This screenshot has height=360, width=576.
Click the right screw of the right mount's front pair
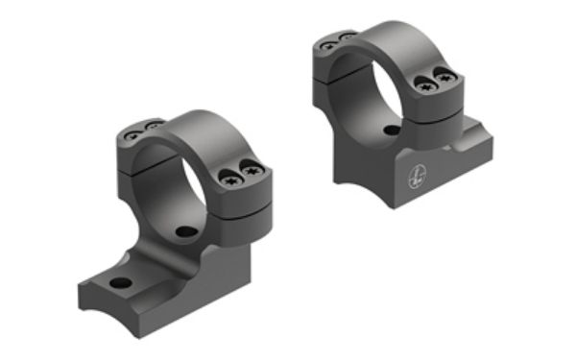point(444,79)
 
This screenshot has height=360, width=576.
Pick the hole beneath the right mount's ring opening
point(390,131)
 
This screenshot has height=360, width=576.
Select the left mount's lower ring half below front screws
point(241,208)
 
